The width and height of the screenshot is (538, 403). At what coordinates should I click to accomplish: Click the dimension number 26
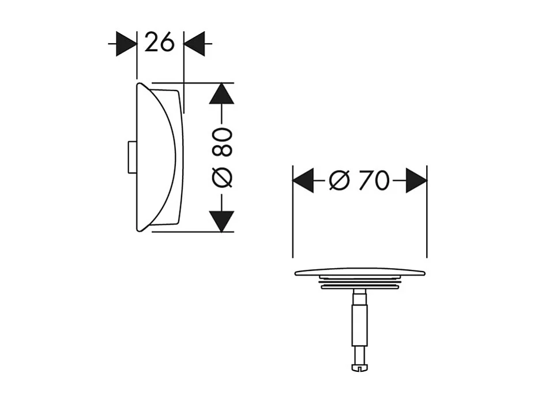click(160, 43)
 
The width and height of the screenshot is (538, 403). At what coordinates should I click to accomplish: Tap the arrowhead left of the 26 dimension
click(126, 44)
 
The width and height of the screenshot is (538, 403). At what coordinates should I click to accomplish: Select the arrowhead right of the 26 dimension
click(195, 44)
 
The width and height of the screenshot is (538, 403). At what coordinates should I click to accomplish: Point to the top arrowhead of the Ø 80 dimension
click(221, 93)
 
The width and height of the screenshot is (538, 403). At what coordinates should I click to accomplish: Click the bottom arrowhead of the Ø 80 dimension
click(221, 221)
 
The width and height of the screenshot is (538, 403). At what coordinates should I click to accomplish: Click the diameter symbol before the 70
click(339, 181)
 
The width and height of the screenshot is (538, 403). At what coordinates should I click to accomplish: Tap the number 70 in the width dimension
click(373, 181)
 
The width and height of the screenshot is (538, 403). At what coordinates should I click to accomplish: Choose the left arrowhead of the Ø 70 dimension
click(303, 181)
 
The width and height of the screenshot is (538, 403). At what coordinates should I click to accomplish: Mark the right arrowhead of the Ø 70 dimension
click(416, 181)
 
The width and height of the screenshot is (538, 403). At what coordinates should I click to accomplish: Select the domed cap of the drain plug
click(360, 272)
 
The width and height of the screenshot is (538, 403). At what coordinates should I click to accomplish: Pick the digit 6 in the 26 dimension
click(167, 43)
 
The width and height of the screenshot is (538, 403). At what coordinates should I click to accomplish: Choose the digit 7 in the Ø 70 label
click(365, 181)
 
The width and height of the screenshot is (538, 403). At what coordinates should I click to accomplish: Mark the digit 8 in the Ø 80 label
click(222, 150)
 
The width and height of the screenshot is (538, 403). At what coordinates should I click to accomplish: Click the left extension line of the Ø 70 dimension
click(293, 231)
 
